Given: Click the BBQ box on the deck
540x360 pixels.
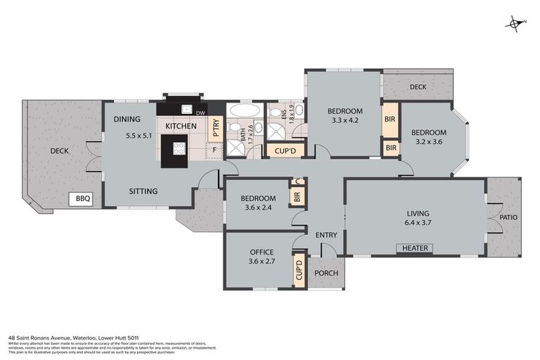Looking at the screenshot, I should click(83, 199).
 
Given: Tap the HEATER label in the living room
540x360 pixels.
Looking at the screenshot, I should click(415, 248).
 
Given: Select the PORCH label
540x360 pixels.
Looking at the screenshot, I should click(326, 274).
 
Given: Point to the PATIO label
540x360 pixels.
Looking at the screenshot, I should click(508, 217).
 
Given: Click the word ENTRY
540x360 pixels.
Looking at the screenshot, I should click(326, 236).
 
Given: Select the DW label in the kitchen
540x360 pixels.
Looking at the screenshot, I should click(200, 113).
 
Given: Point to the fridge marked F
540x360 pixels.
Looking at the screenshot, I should click(214, 149).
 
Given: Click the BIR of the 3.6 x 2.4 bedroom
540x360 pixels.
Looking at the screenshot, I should click(297, 198).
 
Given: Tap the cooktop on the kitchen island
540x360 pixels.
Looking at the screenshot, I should click(179, 148).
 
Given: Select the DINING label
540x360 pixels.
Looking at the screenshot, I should click(127, 119).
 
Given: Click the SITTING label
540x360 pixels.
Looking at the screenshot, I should click(143, 191).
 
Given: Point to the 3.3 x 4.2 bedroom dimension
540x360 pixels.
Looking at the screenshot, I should click(345, 121).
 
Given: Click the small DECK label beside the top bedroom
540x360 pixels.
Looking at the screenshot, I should click(418, 86).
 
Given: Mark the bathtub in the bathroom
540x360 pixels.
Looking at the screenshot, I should click(244, 112).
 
